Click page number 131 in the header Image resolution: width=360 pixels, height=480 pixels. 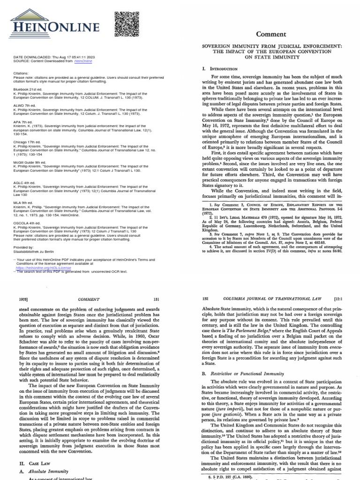click(x=157, y=299)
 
